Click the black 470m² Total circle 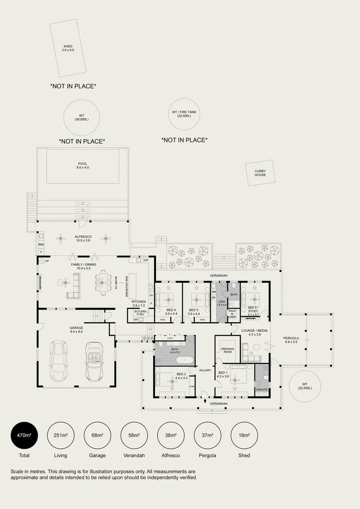pyautogui.click(x=24, y=435)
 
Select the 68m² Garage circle pyautogui.click(x=97, y=435)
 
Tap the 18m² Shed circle pyautogui.click(x=244, y=435)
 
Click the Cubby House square pyautogui.click(x=260, y=173)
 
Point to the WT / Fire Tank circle pyautogui.click(x=184, y=114)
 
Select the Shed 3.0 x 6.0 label pyautogui.click(x=68, y=48)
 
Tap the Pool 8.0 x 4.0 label pyautogui.click(x=83, y=166)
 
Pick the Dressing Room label pyautogui.click(x=228, y=350)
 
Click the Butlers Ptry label pyautogui.click(x=140, y=313)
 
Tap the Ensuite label pyautogui.click(x=262, y=390)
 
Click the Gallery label pyautogui.click(x=205, y=370)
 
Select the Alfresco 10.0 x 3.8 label pyautogui.click(x=83, y=238)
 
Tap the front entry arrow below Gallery pyautogui.click(x=205, y=401)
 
